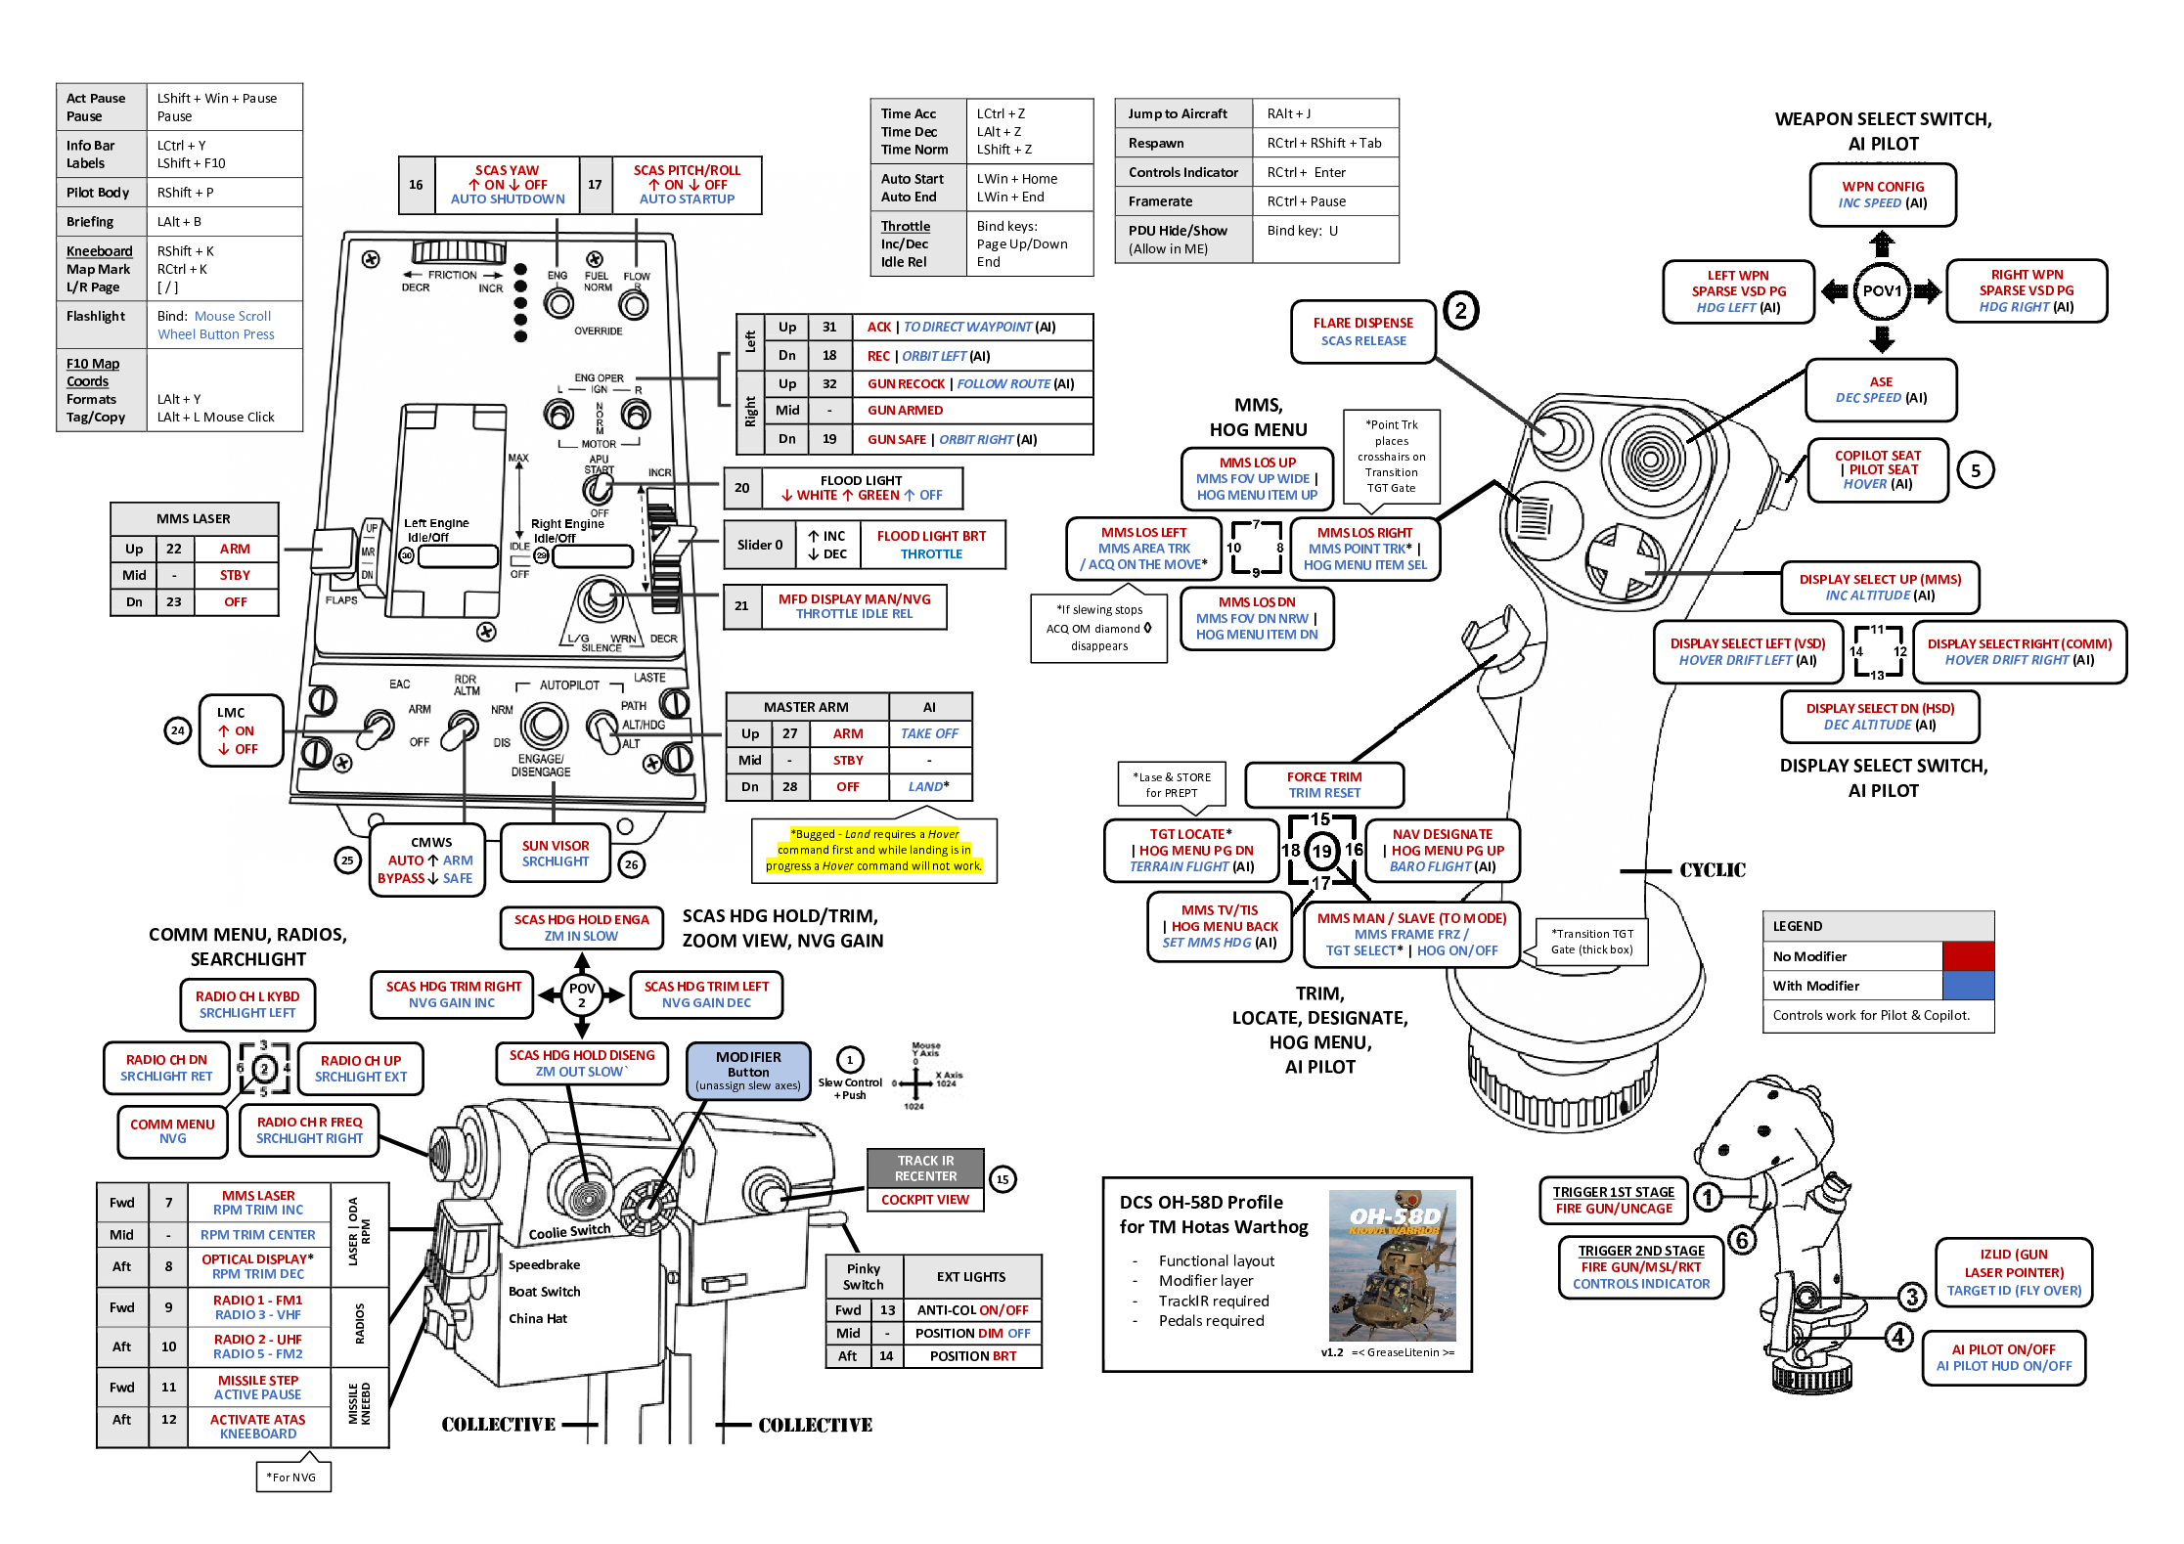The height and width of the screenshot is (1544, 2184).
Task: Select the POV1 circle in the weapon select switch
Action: point(1881,291)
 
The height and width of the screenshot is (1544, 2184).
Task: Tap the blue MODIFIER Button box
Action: point(748,1071)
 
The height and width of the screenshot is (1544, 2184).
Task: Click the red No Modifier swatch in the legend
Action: point(1967,956)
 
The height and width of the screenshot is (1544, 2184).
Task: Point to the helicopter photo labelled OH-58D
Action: point(1392,1265)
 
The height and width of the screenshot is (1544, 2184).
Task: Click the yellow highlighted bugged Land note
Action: point(873,851)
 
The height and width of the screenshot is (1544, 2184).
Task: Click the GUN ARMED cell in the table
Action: point(905,411)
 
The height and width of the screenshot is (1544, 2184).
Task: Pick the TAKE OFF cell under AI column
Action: point(929,734)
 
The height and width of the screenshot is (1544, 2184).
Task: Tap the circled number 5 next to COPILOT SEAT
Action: point(1975,471)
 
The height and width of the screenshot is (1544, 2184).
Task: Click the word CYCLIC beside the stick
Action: point(1712,870)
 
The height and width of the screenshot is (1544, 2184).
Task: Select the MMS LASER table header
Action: point(194,519)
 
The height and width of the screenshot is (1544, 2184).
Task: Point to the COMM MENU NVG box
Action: point(172,1131)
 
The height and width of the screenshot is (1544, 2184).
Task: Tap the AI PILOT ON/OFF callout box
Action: point(2003,1357)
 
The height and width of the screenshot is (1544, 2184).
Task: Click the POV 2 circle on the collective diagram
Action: point(582,995)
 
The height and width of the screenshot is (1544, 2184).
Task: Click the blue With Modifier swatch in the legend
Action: point(1967,986)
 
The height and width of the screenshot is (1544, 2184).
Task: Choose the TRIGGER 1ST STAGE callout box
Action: point(1613,1201)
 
